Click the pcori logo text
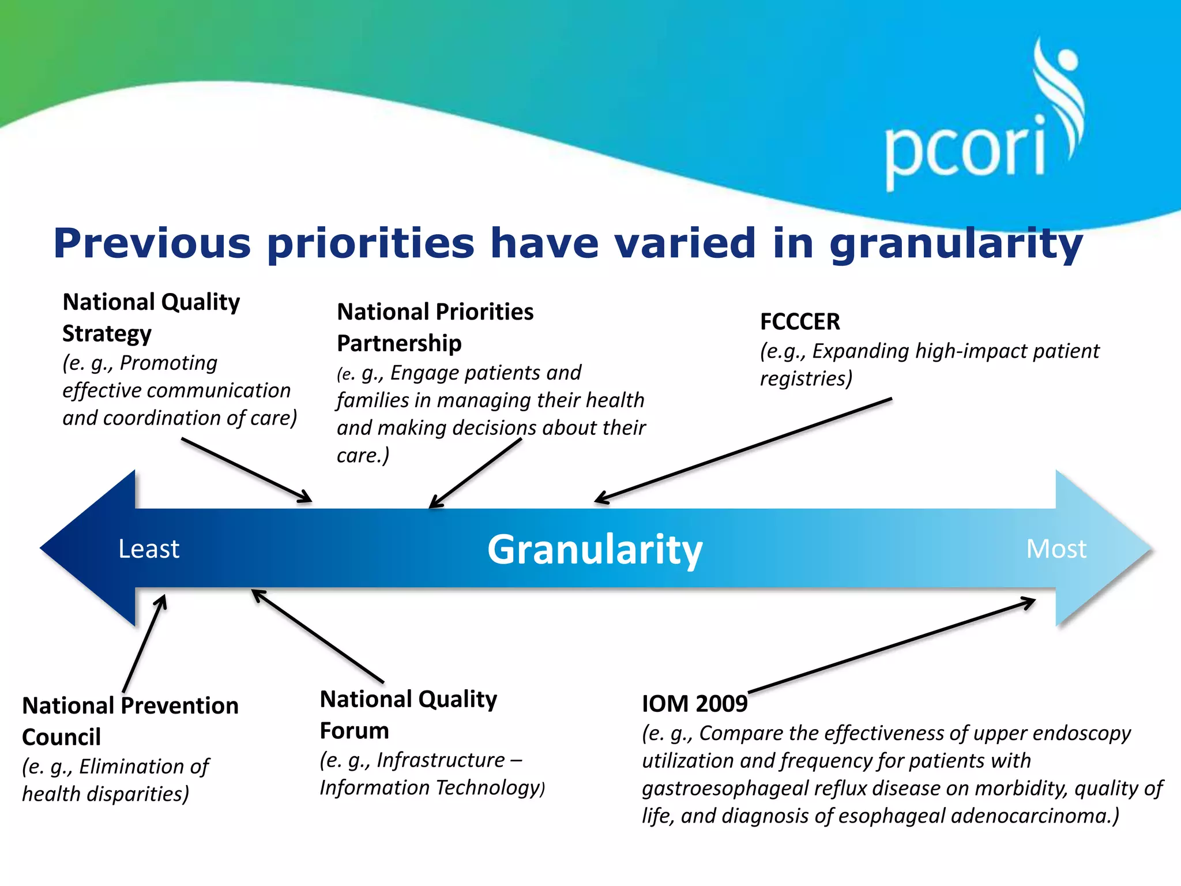click(964, 151)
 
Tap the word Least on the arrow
click(149, 549)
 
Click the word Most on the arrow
click(1056, 549)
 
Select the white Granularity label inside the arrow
click(595, 550)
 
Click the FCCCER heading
click(800, 321)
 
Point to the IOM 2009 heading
click(694, 704)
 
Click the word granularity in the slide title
click(956, 244)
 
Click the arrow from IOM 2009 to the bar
click(891, 647)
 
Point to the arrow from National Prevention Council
click(144, 644)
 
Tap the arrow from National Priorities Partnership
click(475, 473)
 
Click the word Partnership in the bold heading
click(399, 344)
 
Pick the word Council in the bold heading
click(61, 738)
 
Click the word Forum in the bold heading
click(354, 731)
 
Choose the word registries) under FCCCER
click(806, 379)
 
